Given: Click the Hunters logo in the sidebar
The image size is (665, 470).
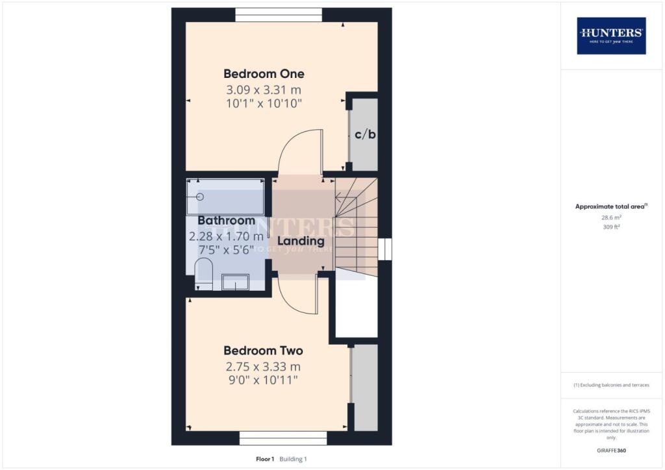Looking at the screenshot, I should [611, 35].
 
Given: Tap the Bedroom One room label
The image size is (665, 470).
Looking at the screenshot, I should [264, 73].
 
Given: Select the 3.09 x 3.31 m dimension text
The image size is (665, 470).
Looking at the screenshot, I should [264, 90].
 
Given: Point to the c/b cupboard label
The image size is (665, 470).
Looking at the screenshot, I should [365, 135].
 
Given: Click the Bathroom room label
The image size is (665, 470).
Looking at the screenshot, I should [226, 221].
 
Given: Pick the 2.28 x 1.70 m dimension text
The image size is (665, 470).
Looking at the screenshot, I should [226, 236].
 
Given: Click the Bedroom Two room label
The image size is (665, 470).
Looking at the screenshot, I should [264, 351].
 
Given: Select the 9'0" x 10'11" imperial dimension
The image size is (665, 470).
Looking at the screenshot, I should [264, 380].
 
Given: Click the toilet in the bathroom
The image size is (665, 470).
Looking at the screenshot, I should [204, 274].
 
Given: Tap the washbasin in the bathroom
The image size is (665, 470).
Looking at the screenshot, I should [235, 281].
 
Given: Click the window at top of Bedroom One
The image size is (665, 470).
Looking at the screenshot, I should [278, 14].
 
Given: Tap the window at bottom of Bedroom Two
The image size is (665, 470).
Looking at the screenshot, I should [282, 438].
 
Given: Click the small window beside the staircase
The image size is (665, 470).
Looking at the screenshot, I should [385, 249].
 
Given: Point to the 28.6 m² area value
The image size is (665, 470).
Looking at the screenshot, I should [610, 219].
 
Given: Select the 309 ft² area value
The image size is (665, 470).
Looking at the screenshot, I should [610, 228].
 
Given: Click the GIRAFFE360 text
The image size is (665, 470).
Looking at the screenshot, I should [610, 451].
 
